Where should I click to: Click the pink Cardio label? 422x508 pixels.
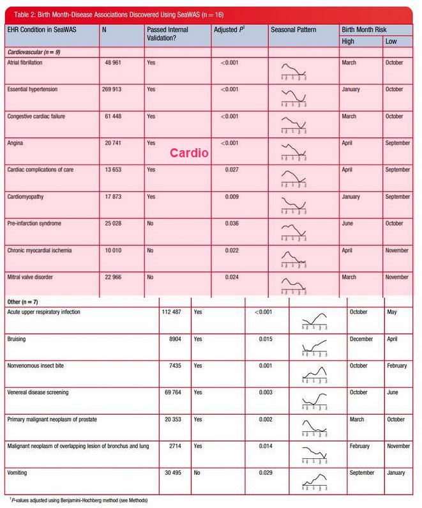point(189,153)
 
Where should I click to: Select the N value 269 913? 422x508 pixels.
point(116,89)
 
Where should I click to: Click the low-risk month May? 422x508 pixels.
point(391,312)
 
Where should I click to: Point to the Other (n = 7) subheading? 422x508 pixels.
point(25,300)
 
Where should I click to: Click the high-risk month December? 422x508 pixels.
point(361,339)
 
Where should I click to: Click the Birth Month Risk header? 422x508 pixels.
point(364,30)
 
